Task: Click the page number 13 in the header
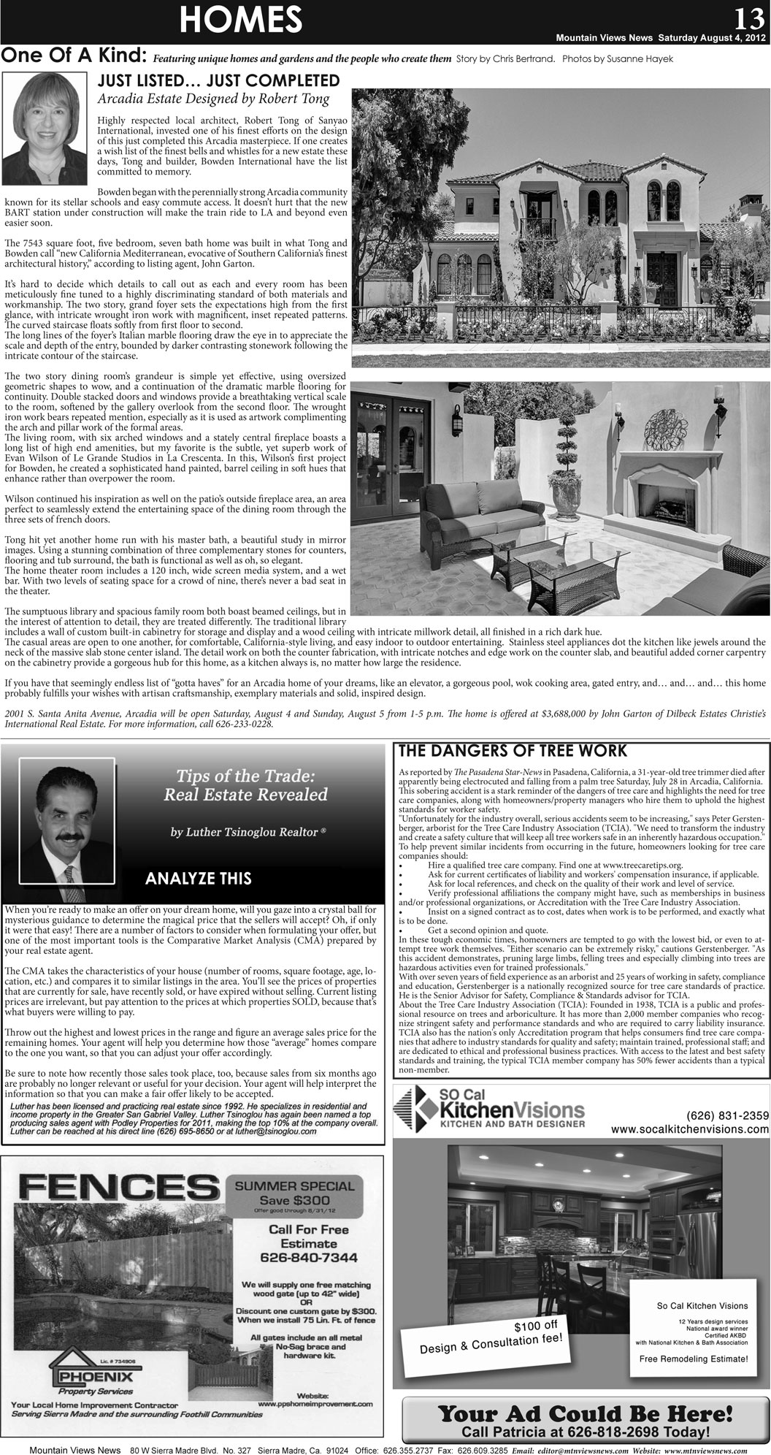[751, 16]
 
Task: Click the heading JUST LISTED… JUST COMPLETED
[219, 80]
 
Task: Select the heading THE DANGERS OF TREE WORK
[511, 750]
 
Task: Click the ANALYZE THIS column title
[199, 879]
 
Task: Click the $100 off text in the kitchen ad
[536, 1324]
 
